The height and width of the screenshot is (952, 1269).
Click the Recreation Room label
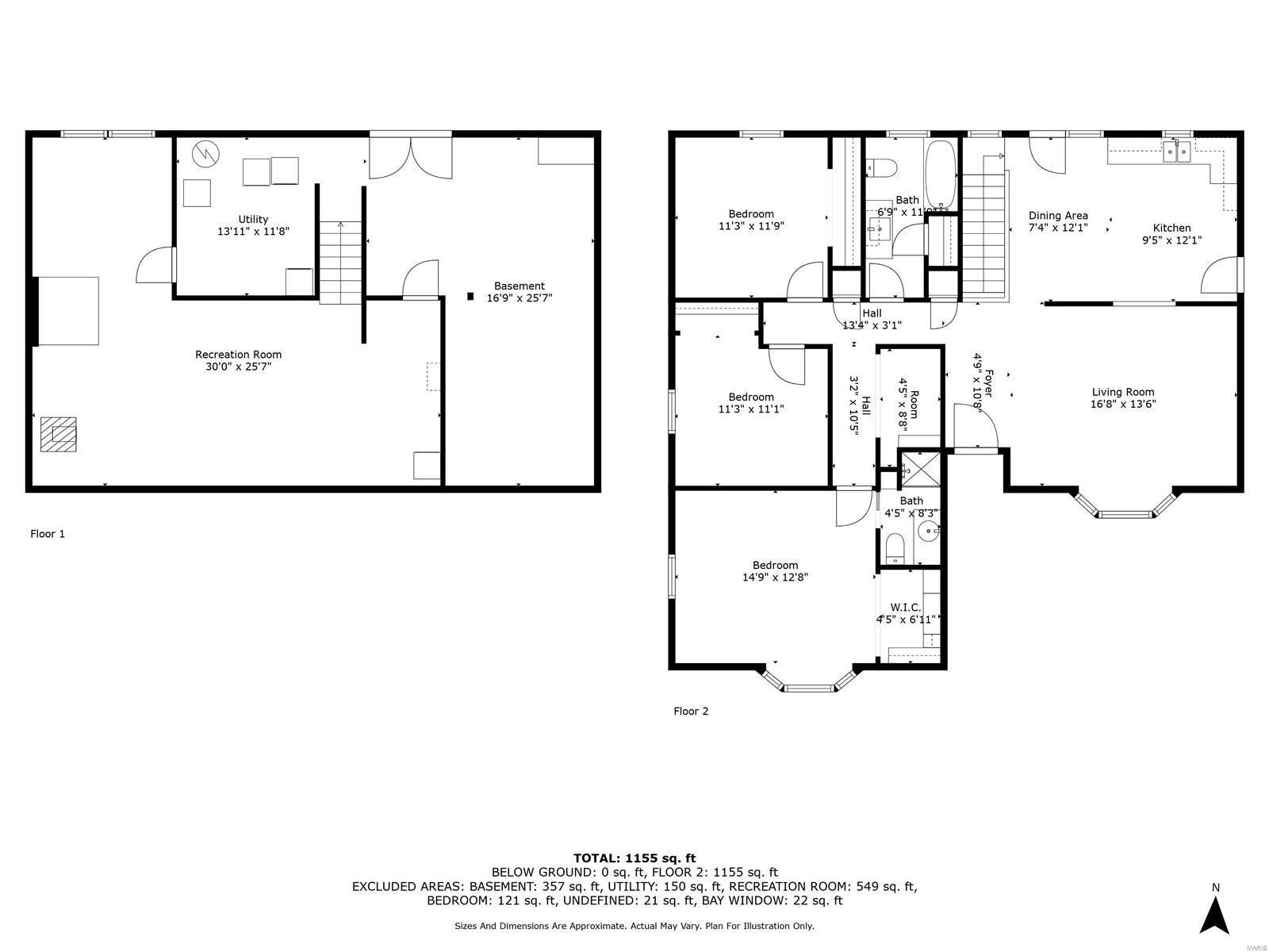238,355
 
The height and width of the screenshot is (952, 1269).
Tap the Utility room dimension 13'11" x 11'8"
253,232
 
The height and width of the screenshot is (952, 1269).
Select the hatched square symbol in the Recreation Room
59,434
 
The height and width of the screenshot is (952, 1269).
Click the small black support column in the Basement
470,297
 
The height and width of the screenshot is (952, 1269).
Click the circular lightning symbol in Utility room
206,154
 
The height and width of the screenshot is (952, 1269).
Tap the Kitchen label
1171,228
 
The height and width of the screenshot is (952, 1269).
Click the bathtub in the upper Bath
942,175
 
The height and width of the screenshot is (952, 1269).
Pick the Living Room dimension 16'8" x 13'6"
1123,404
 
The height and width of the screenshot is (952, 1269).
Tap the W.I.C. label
905,607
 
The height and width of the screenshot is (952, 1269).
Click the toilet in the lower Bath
895,547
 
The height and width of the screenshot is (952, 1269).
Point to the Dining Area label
1058,215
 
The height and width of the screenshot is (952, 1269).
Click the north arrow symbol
1214,916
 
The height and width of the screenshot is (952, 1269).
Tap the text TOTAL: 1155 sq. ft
634,858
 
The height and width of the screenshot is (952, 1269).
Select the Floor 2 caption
691,711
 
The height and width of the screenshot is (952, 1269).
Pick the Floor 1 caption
48,534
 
